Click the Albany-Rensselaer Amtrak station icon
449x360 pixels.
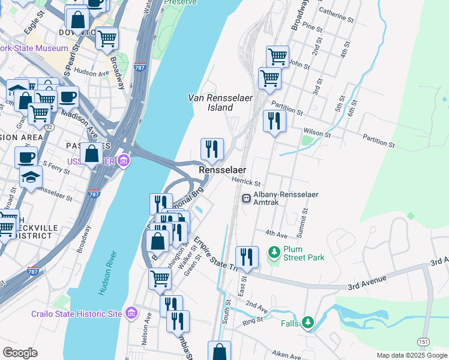pyautogui.click(x=246, y=199)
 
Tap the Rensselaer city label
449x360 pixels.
pyautogui.click(x=223, y=171)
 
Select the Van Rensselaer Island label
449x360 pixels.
pyautogui.click(x=210, y=103)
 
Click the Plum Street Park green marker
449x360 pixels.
pyautogui.click(x=274, y=252)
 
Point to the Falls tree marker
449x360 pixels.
pyautogui.click(x=308, y=323)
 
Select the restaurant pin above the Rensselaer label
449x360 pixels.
pyautogui.click(x=211, y=149)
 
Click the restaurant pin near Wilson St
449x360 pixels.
pyautogui.click(x=274, y=121)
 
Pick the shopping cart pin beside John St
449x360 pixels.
pyautogui.click(x=277, y=57)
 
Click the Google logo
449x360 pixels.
pyautogui.click(x=20, y=353)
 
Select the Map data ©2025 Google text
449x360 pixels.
pyautogui.click(x=412, y=355)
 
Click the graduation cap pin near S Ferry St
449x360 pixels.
pyautogui.click(x=31, y=177)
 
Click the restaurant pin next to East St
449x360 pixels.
pyautogui.click(x=247, y=257)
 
